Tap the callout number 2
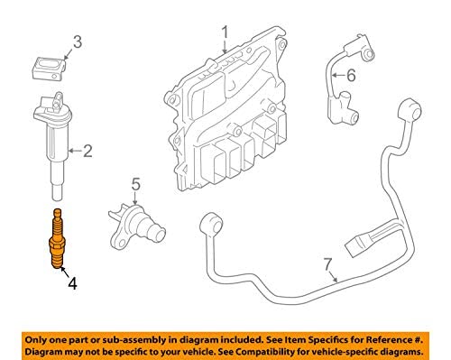point(87,151)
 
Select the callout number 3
point(78,42)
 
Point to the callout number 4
point(72,283)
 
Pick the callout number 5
point(135,184)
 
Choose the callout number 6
point(351,75)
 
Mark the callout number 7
point(328,264)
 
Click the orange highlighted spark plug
point(58,238)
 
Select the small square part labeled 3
point(49,69)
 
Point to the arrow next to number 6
point(338,75)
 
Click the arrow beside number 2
point(75,151)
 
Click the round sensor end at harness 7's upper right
point(410,112)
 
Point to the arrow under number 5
point(135,198)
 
